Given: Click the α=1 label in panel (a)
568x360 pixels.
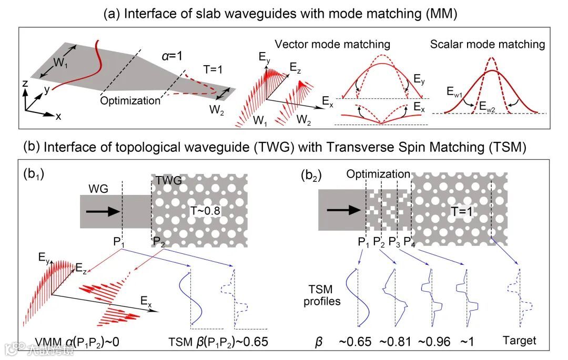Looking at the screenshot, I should pyautogui.click(x=172, y=56).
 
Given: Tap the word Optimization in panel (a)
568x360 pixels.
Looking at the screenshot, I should pyautogui.click(x=130, y=100).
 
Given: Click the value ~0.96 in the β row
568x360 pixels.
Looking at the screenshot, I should pyautogui.click(x=434, y=341).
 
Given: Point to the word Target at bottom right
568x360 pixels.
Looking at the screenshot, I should pyautogui.click(x=519, y=341).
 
